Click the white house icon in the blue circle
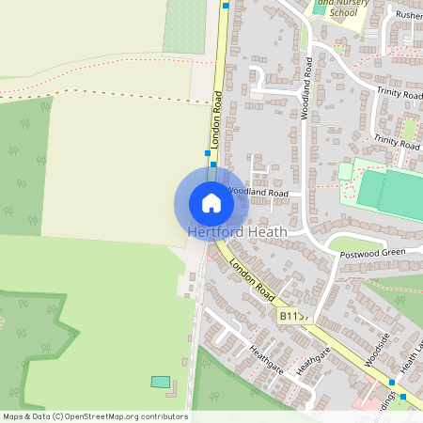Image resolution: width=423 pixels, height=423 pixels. point(211,203)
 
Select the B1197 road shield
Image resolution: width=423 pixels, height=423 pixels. point(293,317)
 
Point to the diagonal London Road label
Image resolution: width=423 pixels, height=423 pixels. point(252,279)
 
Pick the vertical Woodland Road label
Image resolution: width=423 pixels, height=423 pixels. point(306,87)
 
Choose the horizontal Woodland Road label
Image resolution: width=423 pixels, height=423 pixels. point(257,192)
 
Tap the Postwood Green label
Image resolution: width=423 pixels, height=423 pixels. point(372,252)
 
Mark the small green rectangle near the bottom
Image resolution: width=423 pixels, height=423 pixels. point(161,382)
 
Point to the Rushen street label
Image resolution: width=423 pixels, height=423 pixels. point(409,16)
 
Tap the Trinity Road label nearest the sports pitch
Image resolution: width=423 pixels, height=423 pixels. point(396,143)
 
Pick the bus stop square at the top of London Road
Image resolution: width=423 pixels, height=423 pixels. point(226,5)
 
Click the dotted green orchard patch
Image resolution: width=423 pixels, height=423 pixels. point(184,26)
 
